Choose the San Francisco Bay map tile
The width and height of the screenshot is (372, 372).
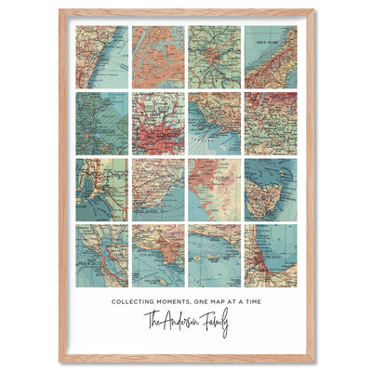tap(101, 255)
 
